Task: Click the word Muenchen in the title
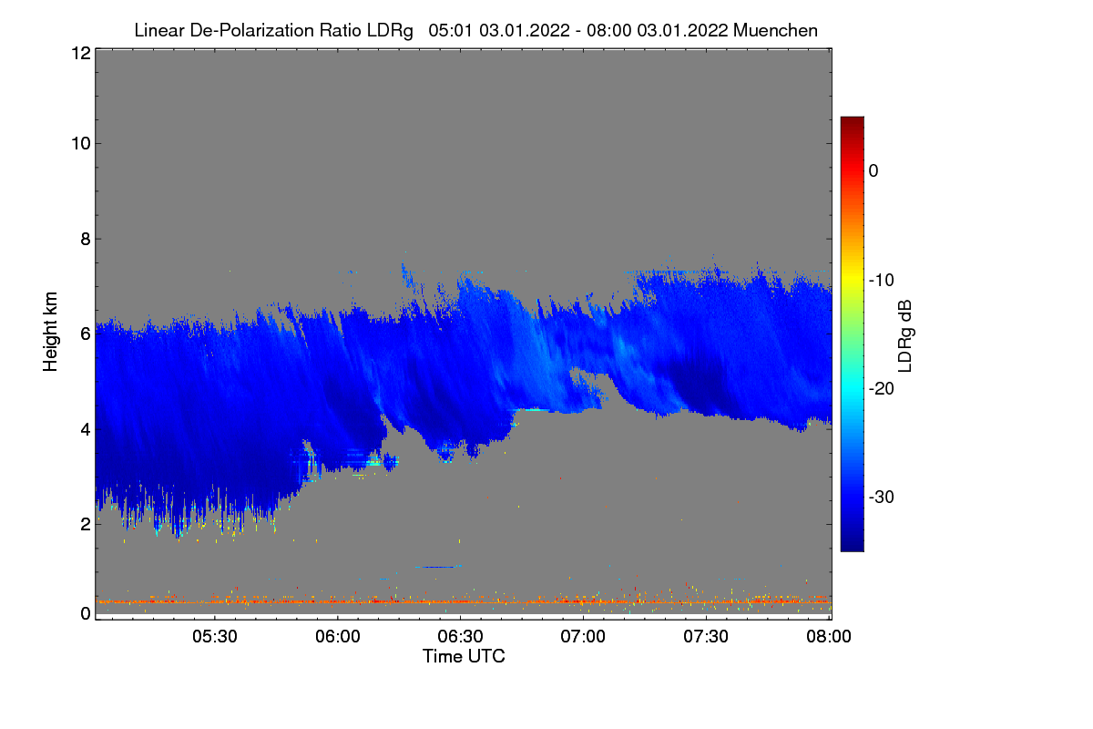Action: pos(775,30)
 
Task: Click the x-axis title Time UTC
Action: pos(464,656)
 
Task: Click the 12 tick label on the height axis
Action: pos(80,54)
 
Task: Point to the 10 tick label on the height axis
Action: pos(80,143)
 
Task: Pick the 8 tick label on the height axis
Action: pos(85,239)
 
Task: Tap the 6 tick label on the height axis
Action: pos(85,334)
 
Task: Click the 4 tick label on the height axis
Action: pos(85,429)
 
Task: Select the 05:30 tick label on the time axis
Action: pos(215,637)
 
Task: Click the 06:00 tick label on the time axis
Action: pos(338,637)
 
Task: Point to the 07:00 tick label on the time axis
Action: pos(584,637)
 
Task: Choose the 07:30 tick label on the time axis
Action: pos(707,637)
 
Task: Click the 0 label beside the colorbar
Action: pos(873,170)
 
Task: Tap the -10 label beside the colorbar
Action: pos(881,280)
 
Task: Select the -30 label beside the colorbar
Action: pos(881,498)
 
